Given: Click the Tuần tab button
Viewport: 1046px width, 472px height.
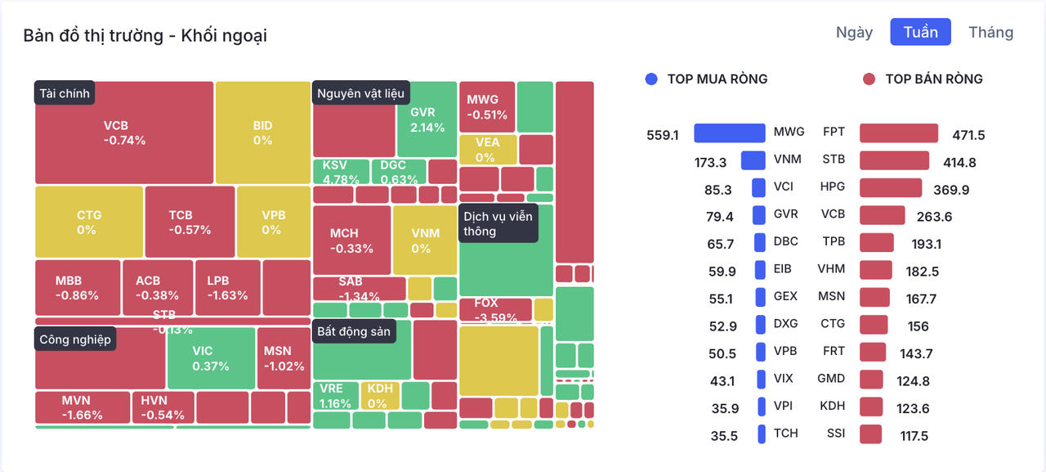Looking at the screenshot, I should (920, 32).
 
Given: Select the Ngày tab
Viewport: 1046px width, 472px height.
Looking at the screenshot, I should (854, 32).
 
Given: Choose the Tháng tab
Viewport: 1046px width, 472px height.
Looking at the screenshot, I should (990, 32).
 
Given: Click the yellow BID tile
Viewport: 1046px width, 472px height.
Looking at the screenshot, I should (262, 133).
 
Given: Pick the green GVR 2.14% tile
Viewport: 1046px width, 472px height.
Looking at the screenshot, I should (427, 119).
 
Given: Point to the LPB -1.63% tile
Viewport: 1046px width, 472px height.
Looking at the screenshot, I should (228, 288).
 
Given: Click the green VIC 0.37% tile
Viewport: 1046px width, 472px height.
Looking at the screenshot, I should (211, 358).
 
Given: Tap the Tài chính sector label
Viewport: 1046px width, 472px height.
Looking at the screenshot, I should (65, 93).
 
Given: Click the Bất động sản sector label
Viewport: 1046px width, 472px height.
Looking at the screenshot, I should (355, 332).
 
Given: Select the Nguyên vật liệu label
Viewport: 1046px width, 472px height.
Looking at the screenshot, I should (360, 93).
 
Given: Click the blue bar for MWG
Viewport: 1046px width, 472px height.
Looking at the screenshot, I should (730, 133).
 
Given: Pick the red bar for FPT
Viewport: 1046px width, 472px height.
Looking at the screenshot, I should (898, 133).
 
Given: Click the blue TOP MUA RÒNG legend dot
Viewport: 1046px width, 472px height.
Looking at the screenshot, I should (651, 79).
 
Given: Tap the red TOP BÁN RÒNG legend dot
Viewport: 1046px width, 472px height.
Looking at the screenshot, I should (869, 79).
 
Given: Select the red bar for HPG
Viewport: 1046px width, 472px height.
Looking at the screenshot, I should (890, 188).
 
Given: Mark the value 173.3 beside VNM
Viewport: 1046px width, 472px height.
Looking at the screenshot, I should (710, 162).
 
